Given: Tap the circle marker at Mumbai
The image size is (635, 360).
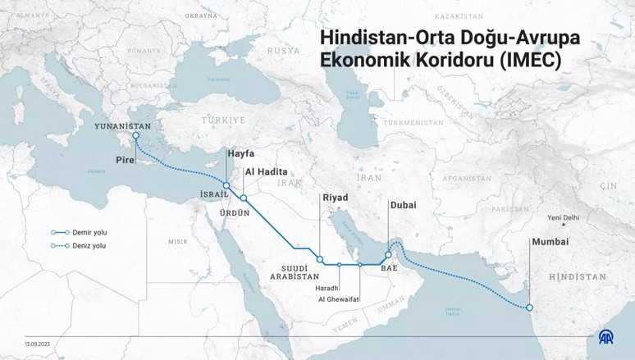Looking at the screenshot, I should [529, 308].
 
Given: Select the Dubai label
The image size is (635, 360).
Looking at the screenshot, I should [404, 205].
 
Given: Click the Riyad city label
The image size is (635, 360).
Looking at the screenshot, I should [335, 198].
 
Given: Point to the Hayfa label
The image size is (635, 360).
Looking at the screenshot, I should [240, 153].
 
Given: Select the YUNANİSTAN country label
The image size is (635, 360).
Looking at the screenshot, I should [125, 126].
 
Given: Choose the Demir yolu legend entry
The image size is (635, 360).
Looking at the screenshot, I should [89, 232].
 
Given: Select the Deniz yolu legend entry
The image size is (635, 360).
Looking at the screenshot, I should [89, 245].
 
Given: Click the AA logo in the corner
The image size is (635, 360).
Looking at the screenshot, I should [605, 337].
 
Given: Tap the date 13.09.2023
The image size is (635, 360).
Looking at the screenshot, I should [39, 343].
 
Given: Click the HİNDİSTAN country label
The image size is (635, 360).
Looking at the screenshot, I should [578, 277].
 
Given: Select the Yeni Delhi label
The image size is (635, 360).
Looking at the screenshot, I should [563, 217].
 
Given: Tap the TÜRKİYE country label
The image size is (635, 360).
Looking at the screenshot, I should [224, 120].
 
